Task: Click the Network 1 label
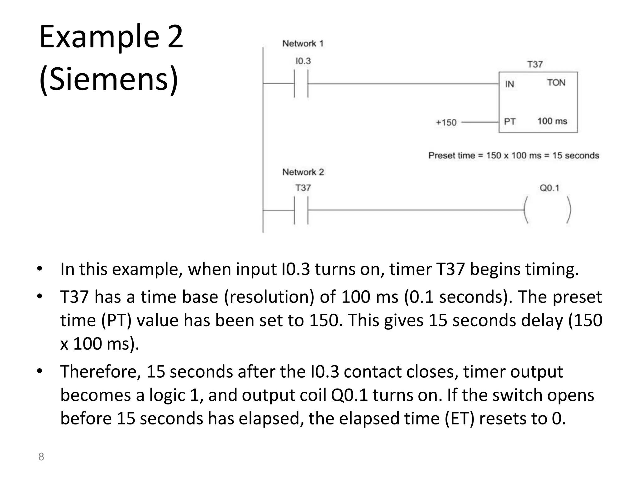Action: click(302, 43)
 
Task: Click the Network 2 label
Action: click(303, 172)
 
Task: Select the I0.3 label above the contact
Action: click(303, 61)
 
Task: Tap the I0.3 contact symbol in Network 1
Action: click(301, 84)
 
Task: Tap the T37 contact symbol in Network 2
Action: click(301, 210)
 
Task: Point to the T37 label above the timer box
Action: click(535, 64)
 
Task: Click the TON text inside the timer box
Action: click(556, 83)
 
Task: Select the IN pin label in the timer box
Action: click(509, 84)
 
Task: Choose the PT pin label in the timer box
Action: click(510, 121)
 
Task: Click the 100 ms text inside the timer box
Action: click(552, 121)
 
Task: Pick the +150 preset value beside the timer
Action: click(446, 122)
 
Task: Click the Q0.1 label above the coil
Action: click(549, 188)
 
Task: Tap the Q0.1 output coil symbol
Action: click(548, 210)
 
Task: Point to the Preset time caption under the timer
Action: click(513, 155)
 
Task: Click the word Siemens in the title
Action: click(109, 79)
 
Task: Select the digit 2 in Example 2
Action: click(175, 37)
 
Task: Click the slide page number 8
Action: click(41, 457)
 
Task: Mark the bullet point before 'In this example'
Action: click(39, 269)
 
